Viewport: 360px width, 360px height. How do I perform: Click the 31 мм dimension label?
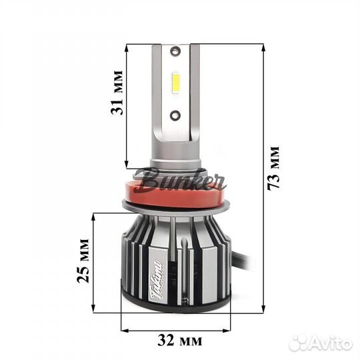tap(117, 93)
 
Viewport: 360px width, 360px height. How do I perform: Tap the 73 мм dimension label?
tap(274, 168)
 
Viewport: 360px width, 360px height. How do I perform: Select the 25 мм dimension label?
tap(83, 261)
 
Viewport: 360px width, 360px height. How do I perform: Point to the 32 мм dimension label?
tap(180, 341)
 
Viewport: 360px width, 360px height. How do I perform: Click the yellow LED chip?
tap(176, 84)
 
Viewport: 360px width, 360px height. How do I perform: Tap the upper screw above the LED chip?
tap(175, 50)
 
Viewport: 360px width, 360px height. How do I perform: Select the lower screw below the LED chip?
tap(175, 115)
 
